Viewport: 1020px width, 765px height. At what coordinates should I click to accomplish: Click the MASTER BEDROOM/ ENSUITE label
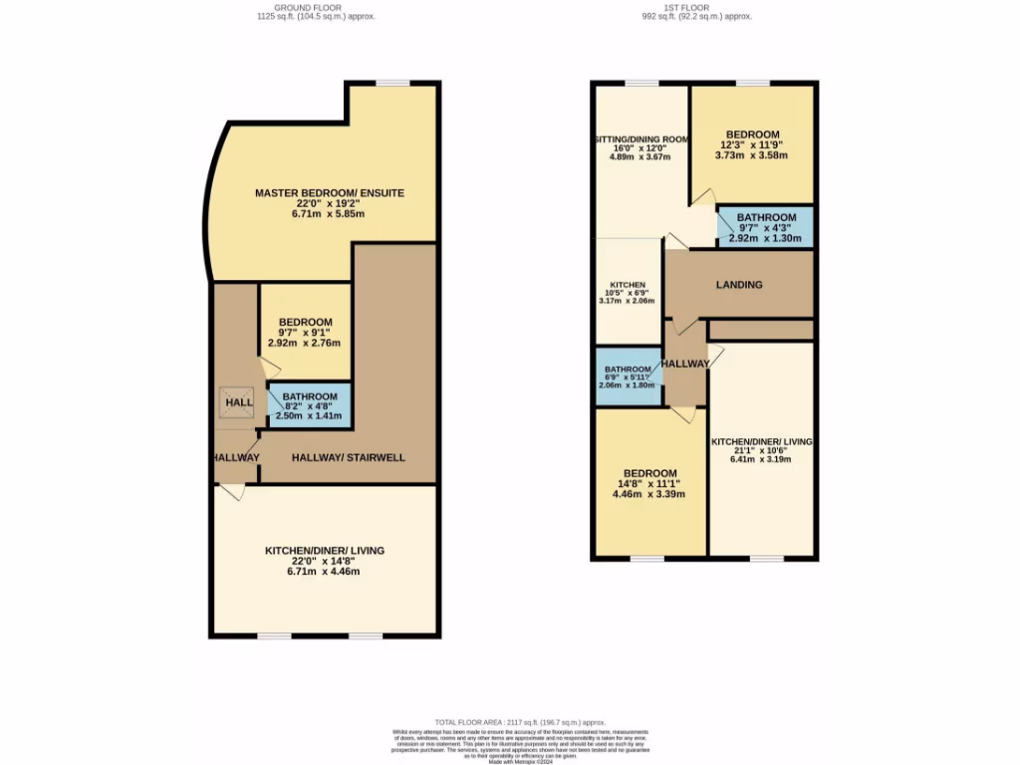coord(329,192)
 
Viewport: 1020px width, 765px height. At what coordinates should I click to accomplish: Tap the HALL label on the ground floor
coord(239,401)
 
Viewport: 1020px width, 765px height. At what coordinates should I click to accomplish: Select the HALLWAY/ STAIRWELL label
coord(348,458)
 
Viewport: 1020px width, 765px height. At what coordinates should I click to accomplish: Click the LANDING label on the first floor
coord(739,285)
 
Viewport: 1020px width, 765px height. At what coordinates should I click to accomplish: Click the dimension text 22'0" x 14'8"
coord(324,561)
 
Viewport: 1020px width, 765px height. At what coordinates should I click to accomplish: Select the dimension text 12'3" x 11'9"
coord(752,144)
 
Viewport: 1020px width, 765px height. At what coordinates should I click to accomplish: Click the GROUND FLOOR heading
coord(315,8)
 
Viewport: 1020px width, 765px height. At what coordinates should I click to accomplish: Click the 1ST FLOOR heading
coord(696,8)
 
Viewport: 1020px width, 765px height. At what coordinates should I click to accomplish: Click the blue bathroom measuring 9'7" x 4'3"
coord(765,227)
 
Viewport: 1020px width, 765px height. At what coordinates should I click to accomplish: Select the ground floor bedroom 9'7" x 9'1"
coord(305,332)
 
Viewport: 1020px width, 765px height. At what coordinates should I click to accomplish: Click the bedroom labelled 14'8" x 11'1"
coord(649,483)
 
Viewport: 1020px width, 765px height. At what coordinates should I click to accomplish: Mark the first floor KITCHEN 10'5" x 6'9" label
coord(628,292)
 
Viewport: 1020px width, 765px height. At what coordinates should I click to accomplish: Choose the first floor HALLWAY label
coord(685,364)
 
